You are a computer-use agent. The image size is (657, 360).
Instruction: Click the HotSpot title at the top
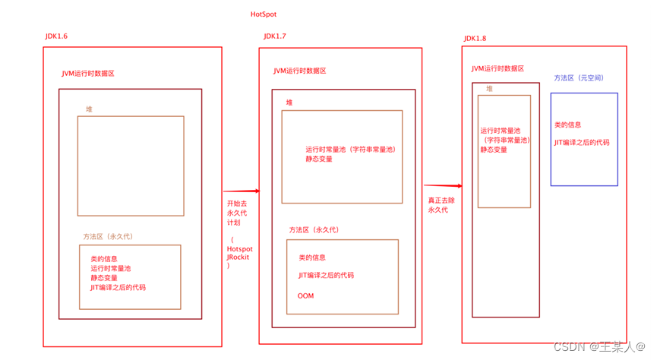tap(265, 14)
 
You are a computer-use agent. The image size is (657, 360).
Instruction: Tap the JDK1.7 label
tap(275, 36)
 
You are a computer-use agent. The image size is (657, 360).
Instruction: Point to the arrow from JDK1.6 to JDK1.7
tap(241, 191)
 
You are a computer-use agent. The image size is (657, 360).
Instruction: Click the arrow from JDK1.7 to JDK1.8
tap(443, 185)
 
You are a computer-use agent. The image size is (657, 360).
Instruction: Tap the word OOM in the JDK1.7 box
tap(305, 295)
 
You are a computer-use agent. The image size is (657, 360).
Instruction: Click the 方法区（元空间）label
tap(579, 78)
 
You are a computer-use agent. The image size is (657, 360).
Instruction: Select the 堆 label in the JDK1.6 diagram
tap(89, 109)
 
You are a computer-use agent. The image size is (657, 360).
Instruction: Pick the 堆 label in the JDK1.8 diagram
tap(489, 89)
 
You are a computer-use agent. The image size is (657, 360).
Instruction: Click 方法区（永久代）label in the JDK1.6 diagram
tap(108, 237)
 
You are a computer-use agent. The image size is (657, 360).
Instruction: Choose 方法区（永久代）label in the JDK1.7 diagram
tap(314, 230)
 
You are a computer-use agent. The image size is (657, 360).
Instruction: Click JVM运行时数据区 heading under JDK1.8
tap(497, 68)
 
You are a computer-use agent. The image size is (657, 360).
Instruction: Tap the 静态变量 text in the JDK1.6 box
tap(105, 278)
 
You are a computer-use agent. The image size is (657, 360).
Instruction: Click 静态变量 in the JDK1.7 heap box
tap(319, 159)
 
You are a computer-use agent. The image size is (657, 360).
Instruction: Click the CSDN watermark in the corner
tap(599, 346)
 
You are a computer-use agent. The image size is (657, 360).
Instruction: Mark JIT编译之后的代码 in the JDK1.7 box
tap(326, 276)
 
